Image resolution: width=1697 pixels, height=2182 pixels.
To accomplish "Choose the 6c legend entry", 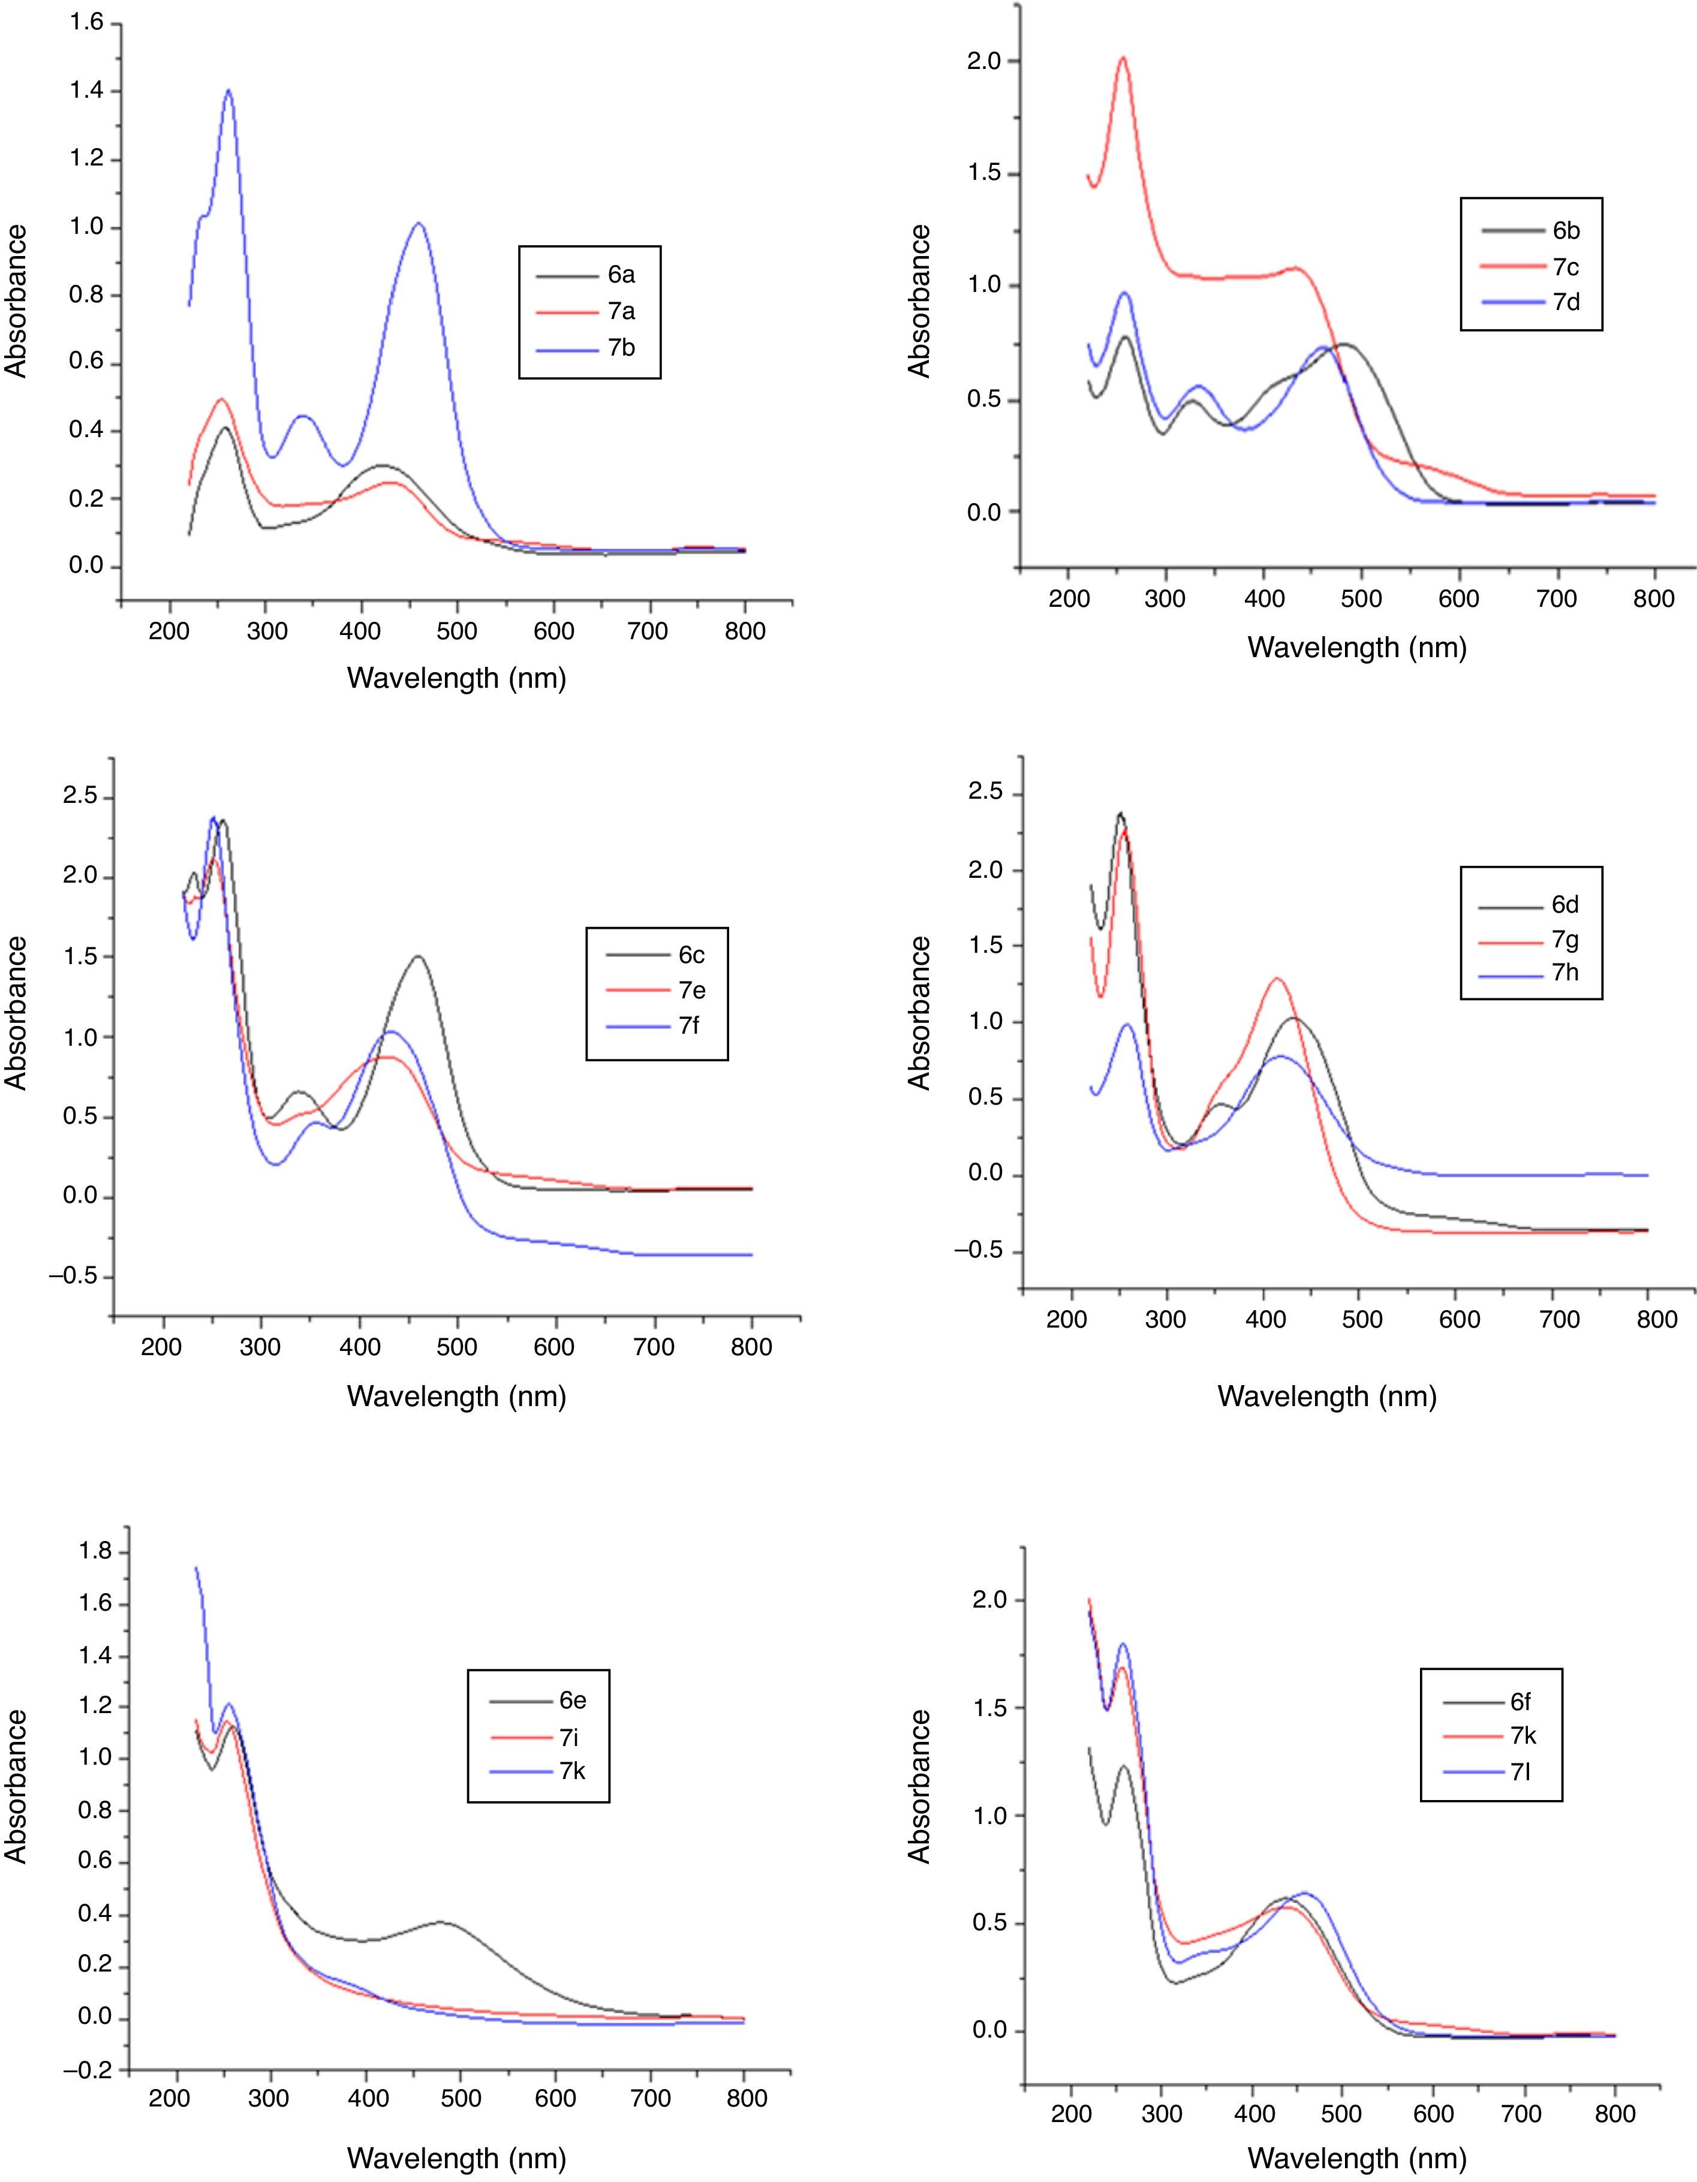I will pyautogui.click(x=691, y=954).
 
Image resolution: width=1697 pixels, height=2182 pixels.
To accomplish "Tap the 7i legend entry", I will pyautogui.click(x=571, y=1735).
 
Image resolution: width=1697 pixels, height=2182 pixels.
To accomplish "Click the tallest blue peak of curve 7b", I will pyautogui.click(x=229, y=91).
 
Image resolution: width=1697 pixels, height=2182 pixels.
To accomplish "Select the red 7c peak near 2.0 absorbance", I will pyautogui.click(x=1123, y=58).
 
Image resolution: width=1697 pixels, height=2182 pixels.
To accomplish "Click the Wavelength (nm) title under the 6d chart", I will pyautogui.click(x=1326, y=1396).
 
